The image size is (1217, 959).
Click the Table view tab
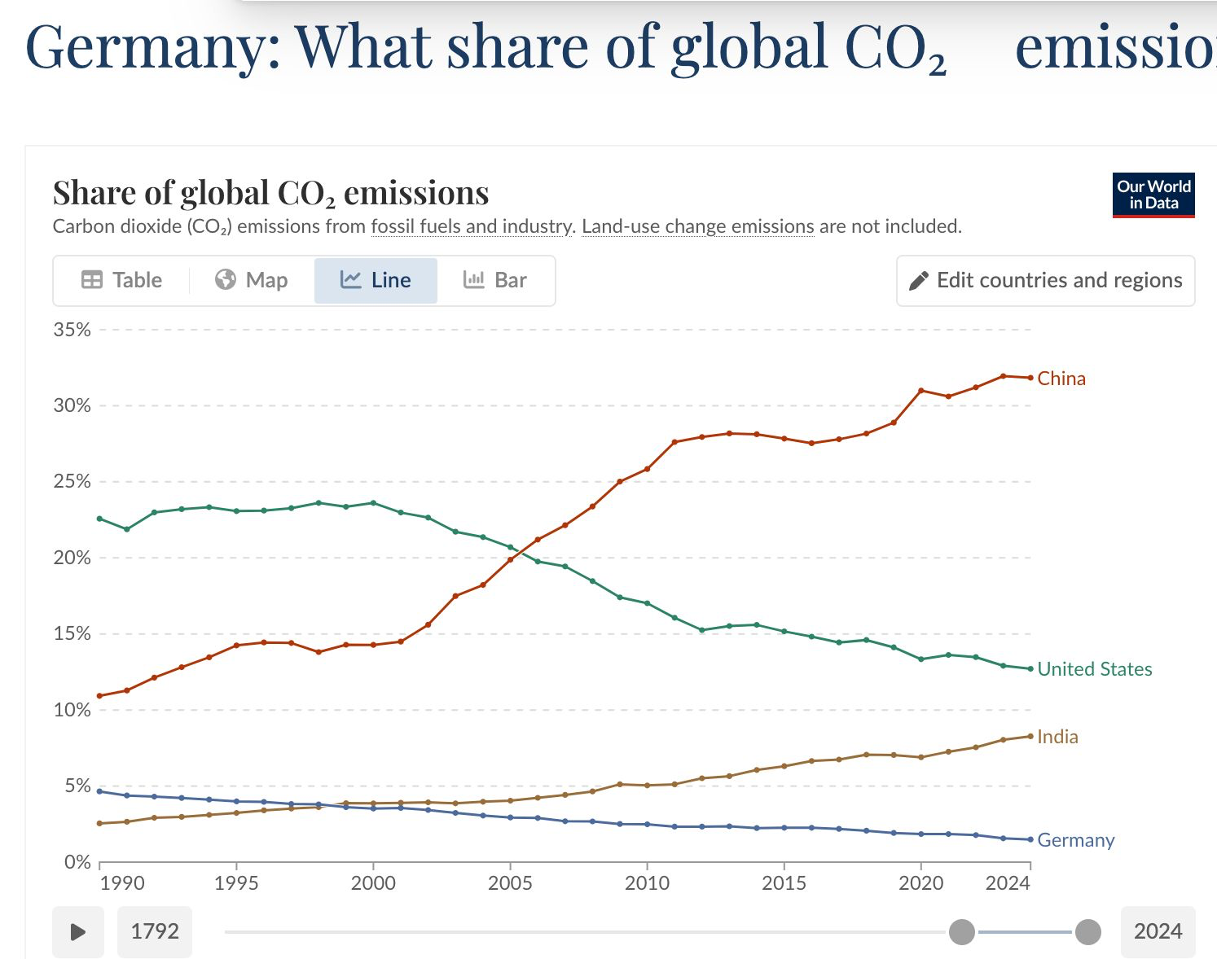(x=122, y=280)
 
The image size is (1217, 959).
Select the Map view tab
(x=252, y=280)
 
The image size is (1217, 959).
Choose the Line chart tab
(x=376, y=280)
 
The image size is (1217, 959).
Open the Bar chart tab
(x=495, y=280)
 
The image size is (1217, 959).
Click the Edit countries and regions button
(x=1045, y=280)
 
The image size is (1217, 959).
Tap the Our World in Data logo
(x=1153, y=195)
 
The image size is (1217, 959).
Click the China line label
(x=1061, y=379)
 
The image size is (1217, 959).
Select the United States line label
(x=1095, y=669)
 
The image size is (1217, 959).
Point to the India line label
(x=1057, y=737)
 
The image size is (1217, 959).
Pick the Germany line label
(x=1075, y=840)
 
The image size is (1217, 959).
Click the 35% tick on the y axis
(x=72, y=330)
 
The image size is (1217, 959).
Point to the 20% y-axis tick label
(x=72, y=558)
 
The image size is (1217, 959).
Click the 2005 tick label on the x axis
(x=510, y=883)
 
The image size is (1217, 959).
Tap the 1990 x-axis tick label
(x=121, y=883)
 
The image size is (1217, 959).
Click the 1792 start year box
(x=155, y=931)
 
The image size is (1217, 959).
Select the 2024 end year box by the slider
(x=1158, y=931)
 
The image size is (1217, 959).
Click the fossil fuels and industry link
(x=472, y=226)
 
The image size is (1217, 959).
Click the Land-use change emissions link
(x=697, y=226)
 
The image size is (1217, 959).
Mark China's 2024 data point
(x=1030, y=378)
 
